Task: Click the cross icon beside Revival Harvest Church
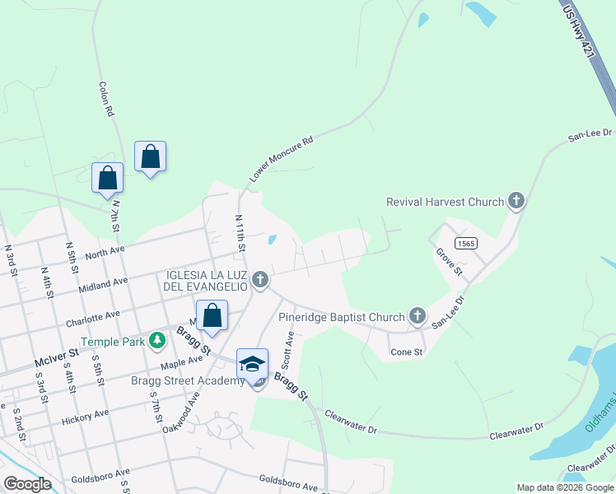516,201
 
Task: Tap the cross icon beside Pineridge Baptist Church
418,316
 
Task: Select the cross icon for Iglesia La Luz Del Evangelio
260,280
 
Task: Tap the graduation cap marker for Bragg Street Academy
253,365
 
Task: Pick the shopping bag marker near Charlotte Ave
212,316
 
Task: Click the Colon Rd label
105,99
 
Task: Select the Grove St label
450,261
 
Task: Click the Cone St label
406,352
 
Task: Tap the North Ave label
105,249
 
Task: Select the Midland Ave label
104,285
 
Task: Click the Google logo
28,484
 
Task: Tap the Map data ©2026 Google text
564,487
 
